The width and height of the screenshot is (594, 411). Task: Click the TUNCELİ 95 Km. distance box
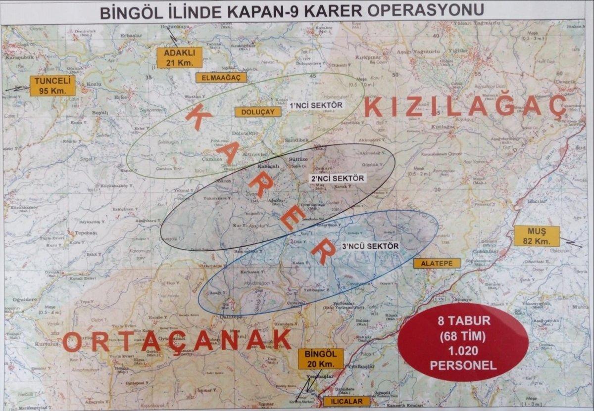click(52, 85)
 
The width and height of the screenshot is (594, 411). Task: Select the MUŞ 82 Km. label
click(537, 236)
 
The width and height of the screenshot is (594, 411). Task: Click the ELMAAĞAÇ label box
click(221, 78)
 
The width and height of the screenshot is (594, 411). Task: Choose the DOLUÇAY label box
click(258, 112)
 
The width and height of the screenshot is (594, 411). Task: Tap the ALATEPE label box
click(437, 263)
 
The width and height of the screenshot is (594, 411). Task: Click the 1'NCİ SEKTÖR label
click(315, 105)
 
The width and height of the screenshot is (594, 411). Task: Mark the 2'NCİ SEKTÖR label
click(337, 178)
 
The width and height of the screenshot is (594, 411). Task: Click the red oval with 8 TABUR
click(463, 342)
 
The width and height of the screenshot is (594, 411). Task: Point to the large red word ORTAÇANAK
click(177, 340)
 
